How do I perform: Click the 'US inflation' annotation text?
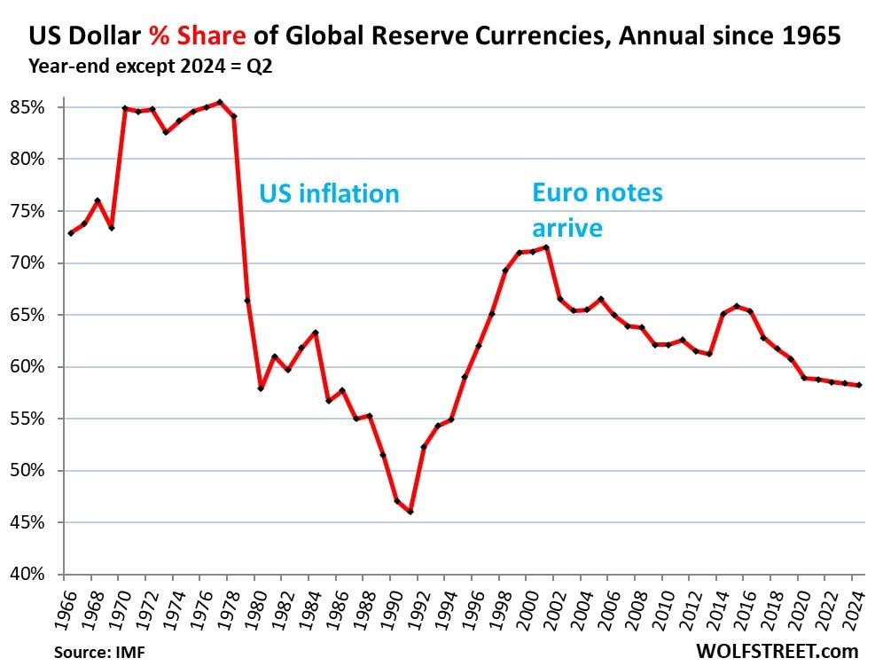pos(329,193)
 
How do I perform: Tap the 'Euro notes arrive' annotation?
pos(597,209)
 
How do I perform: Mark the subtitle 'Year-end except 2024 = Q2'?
pos(151,65)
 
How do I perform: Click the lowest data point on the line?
pos(410,512)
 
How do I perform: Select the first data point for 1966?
pos(70,233)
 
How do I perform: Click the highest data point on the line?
pos(220,102)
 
